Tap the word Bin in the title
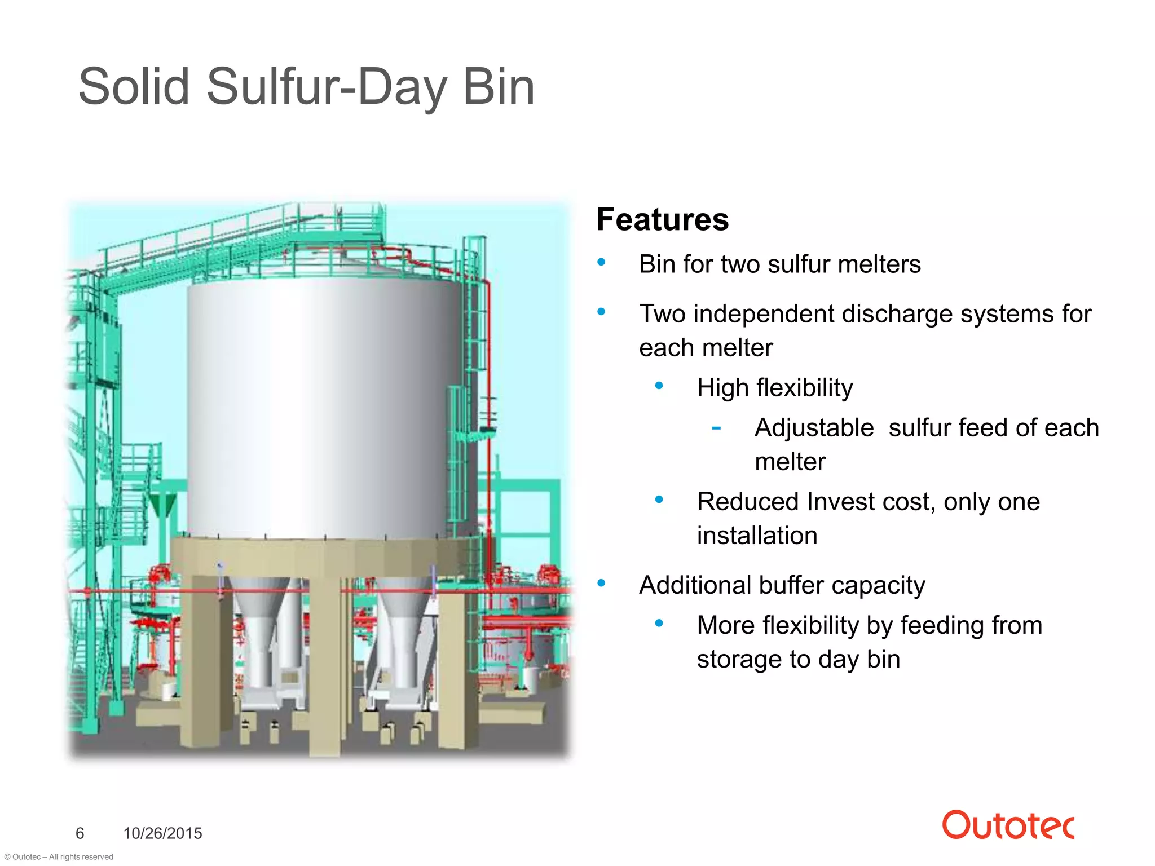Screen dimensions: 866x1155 pos(498,87)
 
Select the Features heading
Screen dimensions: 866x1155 pos(662,219)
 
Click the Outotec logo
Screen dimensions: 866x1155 pos(1008,825)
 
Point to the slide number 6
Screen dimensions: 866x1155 pos(80,833)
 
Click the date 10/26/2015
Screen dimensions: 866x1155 pos(162,833)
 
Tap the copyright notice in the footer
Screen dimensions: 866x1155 pos(58,856)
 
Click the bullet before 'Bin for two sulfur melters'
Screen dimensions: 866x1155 pos(601,262)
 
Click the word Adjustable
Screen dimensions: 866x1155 pos(814,428)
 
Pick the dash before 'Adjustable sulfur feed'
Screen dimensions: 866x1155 pos(716,428)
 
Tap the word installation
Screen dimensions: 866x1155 pos(757,536)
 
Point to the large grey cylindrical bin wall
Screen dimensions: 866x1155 pos(321,406)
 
